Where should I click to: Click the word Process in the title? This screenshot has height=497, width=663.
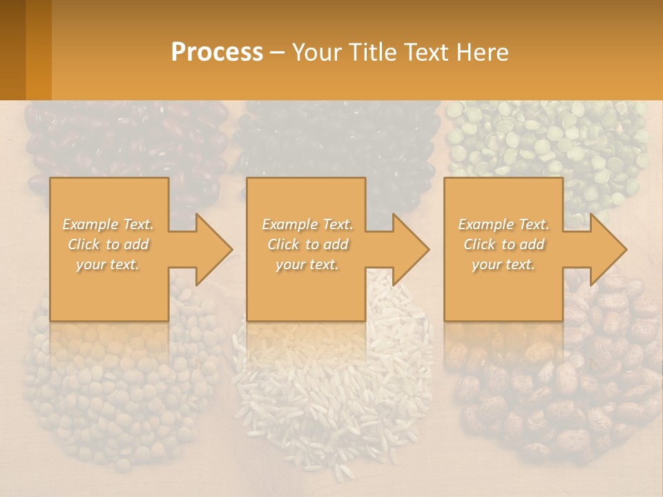point(217,52)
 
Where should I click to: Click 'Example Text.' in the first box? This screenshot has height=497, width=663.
point(108,224)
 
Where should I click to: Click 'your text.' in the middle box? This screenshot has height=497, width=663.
point(307,264)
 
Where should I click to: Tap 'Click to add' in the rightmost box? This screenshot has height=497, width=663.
point(503,244)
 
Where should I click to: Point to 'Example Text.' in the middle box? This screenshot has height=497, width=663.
point(307,224)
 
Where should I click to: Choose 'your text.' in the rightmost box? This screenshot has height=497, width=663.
point(503,264)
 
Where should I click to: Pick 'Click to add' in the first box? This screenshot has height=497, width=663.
point(108,244)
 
